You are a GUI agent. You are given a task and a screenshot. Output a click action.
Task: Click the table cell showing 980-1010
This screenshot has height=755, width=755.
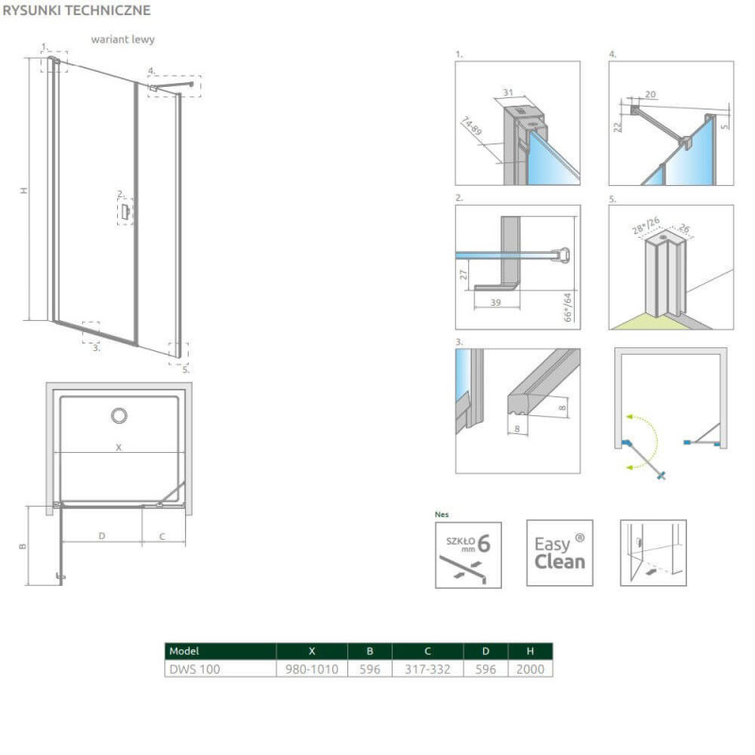coord(311,669)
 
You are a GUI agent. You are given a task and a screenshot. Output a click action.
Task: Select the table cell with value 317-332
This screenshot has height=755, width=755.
coord(428,669)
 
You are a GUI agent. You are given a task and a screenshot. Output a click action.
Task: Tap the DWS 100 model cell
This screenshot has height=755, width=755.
coord(220,669)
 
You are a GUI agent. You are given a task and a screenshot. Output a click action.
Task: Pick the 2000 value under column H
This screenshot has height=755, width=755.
coord(530,669)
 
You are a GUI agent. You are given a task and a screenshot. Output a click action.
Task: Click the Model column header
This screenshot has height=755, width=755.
coord(220,651)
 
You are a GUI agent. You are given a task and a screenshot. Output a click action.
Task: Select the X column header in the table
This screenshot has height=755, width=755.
coord(311,651)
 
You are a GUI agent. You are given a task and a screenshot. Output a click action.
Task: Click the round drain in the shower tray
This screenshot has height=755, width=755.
coord(119,415)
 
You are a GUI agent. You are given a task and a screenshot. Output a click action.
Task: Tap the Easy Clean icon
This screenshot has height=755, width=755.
coord(560,553)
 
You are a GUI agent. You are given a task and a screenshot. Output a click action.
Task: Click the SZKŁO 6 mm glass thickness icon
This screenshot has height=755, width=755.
coord(468,555)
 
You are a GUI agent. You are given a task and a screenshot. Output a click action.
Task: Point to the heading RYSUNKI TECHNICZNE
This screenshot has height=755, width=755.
coord(76,10)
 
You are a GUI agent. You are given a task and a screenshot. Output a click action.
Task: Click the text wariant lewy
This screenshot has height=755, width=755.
coord(123,40)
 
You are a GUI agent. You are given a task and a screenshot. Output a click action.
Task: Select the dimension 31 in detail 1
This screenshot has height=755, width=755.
coord(509,92)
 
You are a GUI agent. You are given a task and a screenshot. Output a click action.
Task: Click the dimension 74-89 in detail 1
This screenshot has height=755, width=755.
coord(471,126)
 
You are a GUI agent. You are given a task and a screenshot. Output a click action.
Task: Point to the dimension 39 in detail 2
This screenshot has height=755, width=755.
coord(496,302)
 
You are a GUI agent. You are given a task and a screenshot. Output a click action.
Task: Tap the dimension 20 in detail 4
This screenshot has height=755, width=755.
coord(650,94)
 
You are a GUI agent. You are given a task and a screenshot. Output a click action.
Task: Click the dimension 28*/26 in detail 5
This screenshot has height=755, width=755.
coord(646,226)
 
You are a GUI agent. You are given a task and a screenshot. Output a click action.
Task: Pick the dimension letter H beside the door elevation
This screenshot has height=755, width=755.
coord(23,191)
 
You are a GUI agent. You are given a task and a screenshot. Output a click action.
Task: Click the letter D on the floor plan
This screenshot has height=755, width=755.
coord(102,535)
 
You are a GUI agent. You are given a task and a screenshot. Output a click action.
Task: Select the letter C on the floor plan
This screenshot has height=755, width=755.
coord(162,536)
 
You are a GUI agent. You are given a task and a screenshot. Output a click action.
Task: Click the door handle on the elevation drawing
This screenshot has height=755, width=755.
coord(126,211)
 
